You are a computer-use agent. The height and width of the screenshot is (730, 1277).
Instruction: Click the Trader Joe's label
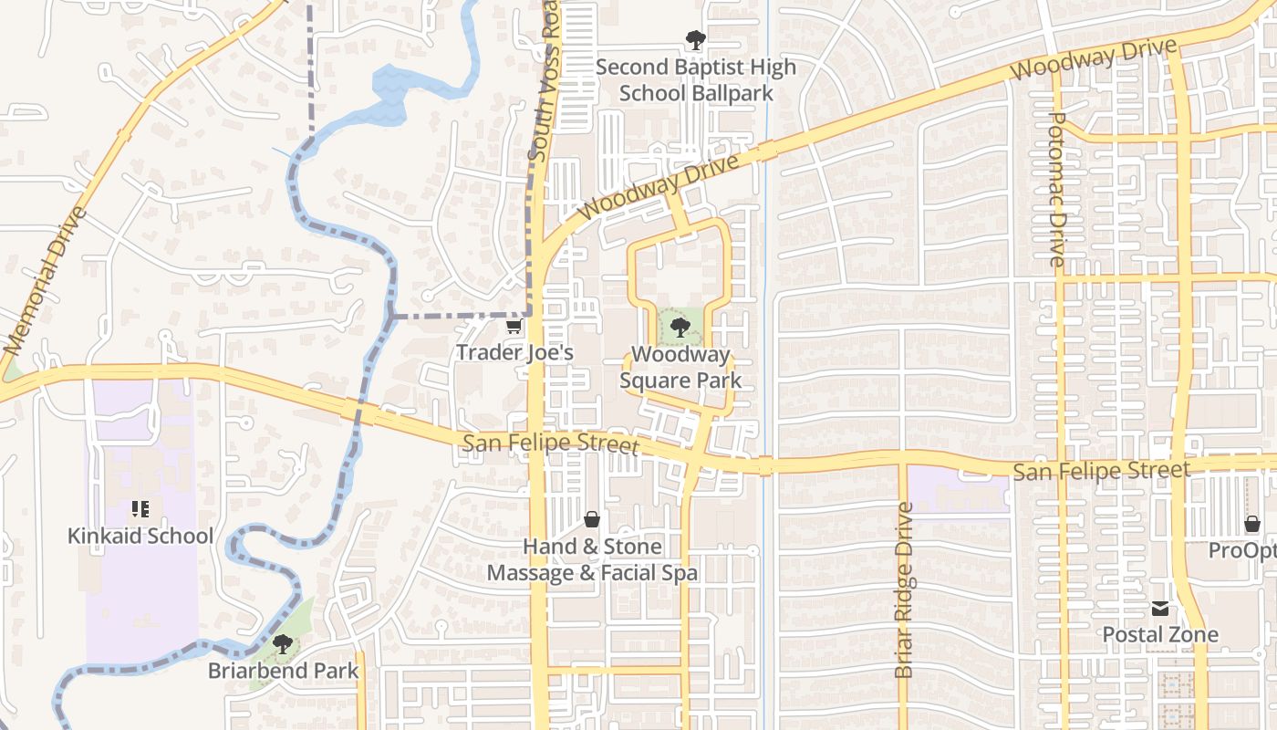514,352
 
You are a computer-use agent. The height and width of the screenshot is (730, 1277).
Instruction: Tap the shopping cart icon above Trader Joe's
514,327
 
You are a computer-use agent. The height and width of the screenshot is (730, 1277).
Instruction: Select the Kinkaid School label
140,536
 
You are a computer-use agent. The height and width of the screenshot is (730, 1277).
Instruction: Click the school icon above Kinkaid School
140,509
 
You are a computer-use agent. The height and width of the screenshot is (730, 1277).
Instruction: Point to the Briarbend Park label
284,671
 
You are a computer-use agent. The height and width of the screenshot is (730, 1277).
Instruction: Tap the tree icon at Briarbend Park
283,645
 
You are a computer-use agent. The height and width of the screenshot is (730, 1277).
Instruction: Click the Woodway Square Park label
680,367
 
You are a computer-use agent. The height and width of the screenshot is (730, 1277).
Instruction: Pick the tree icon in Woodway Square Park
679,328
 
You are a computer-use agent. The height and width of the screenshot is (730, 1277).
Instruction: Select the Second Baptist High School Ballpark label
696,79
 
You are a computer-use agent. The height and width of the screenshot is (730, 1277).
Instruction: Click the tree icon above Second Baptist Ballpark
696,40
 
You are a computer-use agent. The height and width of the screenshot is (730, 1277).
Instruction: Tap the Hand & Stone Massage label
592,559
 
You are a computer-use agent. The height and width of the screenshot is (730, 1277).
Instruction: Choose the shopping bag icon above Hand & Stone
592,520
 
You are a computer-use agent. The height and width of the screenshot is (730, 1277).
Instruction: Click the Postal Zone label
1160,634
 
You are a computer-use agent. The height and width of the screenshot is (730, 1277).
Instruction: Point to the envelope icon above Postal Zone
1160,609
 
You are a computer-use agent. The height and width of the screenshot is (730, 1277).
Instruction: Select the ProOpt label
1242,550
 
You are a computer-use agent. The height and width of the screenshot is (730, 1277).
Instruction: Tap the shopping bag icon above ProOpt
1252,524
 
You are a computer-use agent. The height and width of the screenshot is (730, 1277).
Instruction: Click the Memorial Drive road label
45,281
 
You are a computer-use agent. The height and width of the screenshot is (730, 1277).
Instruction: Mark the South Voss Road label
543,82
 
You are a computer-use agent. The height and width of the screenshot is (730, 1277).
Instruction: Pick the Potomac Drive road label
1057,189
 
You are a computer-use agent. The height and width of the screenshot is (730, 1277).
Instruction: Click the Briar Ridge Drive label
904,590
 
